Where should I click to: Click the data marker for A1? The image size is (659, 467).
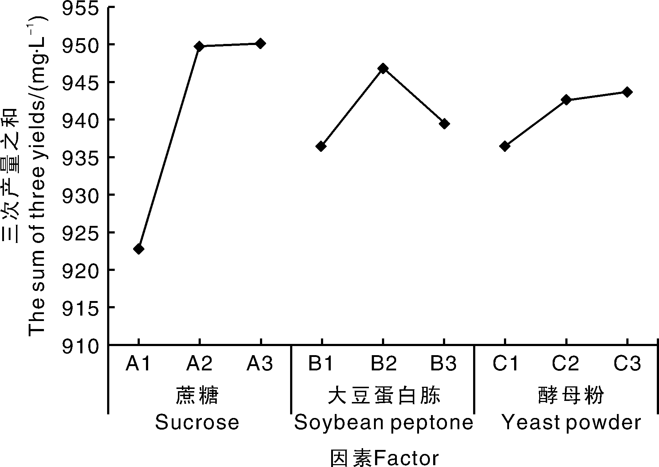point(138,249)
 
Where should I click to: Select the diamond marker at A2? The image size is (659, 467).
point(199,46)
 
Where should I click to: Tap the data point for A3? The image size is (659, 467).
point(260,44)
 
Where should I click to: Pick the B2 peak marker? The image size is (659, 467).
point(383,68)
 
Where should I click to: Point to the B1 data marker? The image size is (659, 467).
point(321,146)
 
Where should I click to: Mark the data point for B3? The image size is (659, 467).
point(444,124)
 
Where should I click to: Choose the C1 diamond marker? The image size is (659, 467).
point(505,146)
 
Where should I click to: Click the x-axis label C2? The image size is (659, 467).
point(565,364)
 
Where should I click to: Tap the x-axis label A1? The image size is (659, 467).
point(138,364)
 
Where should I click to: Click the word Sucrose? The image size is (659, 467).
point(197,423)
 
